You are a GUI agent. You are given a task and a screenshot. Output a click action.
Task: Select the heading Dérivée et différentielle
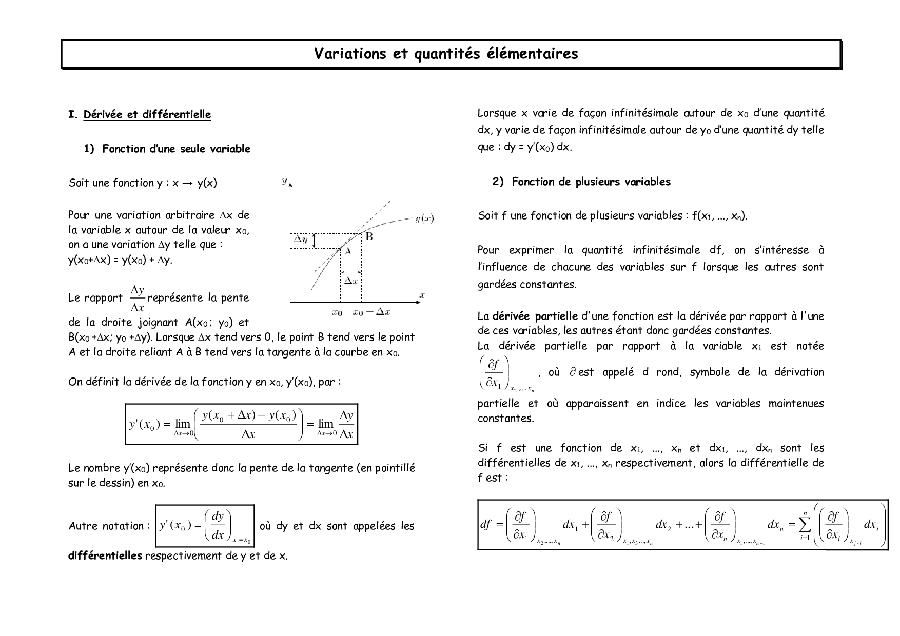coord(147,114)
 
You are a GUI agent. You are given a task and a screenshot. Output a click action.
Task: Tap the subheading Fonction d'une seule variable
coord(176,149)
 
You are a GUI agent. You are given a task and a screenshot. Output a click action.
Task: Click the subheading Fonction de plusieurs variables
coord(591,182)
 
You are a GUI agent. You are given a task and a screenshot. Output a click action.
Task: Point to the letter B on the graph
coord(368,236)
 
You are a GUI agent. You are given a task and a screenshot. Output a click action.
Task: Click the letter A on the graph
coord(347,251)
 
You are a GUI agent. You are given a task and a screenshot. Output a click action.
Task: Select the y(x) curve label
coord(424,219)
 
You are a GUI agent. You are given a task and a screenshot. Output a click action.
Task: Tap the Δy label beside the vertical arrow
coord(300,239)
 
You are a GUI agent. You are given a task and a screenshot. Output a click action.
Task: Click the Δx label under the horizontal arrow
coord(351,281)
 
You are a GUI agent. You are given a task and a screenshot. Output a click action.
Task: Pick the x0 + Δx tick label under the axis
coord(371,312)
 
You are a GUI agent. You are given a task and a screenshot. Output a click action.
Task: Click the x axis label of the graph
coord(422,295)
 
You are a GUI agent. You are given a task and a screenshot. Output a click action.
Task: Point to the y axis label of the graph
coord(284,181)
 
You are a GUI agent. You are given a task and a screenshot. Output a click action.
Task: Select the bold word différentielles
coord(105,556)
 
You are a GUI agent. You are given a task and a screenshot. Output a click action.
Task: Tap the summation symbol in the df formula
coord(805,524)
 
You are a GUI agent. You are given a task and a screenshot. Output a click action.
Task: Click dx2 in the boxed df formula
coord(662,525)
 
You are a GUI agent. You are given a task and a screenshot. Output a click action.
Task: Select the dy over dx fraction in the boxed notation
coord(218,525)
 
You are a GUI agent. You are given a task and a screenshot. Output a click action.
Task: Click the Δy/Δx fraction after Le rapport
coord(137,299)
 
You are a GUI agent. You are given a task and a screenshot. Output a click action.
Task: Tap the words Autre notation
coord(106,526)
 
